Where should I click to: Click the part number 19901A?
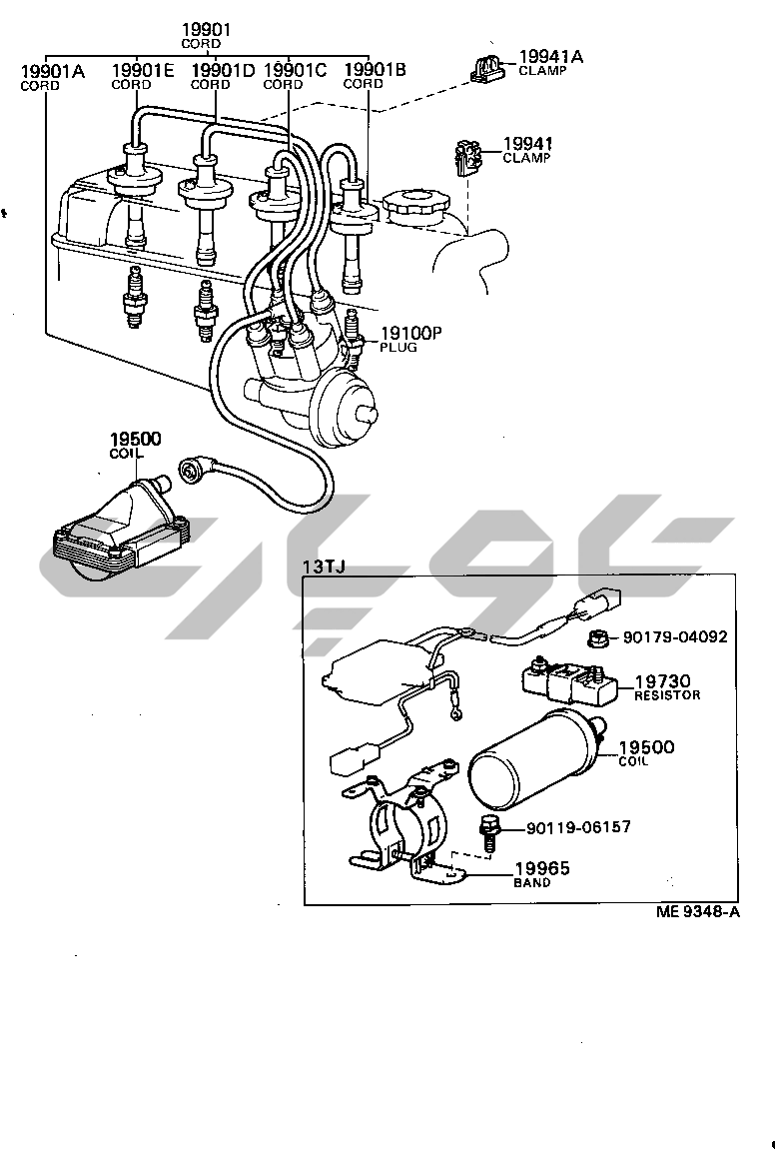pos(53,71)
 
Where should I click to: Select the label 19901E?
pos(143,70)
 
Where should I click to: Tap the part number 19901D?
pos(223,70)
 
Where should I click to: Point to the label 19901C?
pos(295,70)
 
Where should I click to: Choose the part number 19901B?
pos(376,70)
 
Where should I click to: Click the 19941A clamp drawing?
pos(487,68)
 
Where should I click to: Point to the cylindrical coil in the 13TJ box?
pos(539,759)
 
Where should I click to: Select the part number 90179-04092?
pos(675,636)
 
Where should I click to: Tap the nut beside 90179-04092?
pos(599,638)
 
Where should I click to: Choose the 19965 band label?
pos(541,874)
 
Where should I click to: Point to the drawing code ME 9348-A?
pos(698,911)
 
